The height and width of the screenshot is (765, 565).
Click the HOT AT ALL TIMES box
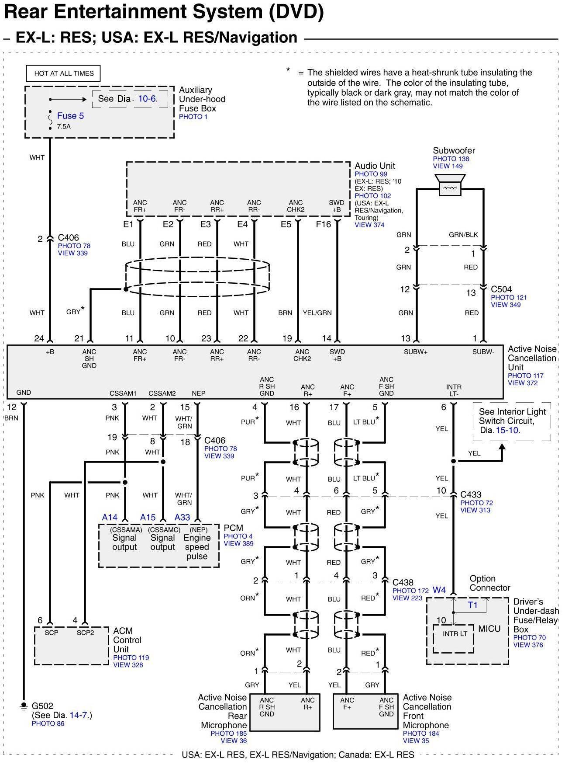64,73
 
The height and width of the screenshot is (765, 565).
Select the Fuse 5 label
70,116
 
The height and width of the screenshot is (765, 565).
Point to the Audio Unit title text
375,166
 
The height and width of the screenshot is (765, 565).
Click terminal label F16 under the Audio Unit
324,224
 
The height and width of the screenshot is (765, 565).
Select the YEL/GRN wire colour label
317,313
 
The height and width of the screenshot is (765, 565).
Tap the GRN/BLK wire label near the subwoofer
463,235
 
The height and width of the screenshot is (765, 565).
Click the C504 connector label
501,289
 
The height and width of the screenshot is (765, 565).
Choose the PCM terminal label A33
182,518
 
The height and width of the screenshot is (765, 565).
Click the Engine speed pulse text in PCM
197,547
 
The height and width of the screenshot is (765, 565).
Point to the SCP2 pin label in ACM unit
85,633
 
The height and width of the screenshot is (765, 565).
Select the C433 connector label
471,494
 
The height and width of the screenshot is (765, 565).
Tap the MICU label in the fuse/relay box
489,629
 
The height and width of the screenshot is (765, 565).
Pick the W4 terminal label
439,590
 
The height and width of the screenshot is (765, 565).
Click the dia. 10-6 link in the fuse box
147,99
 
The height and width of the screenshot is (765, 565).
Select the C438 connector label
403,582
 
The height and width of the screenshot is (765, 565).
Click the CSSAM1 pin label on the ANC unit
123,393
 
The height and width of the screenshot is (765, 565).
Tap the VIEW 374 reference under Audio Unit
369,225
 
